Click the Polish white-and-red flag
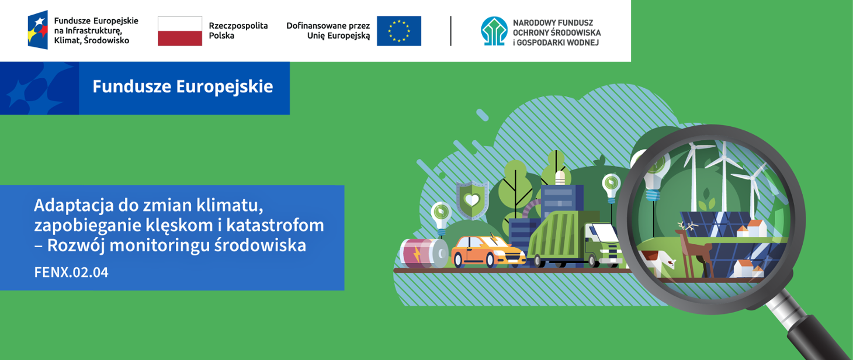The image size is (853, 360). click(180, 31)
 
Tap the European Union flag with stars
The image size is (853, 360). click(398, 31)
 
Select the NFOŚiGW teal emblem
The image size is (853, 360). click(494, 31)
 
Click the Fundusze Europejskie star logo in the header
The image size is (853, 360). click(38, 30)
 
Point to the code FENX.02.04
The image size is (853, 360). click(71, 272)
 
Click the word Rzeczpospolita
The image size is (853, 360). click(238, 26)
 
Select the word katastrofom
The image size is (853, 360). click(275, 225)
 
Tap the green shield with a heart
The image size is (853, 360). click(472, 200)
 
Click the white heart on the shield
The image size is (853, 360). click(472, 200)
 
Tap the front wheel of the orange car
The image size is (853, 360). click(459, 261)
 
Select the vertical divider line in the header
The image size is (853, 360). click(451, 31)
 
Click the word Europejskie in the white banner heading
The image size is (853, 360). click(225, 87)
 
